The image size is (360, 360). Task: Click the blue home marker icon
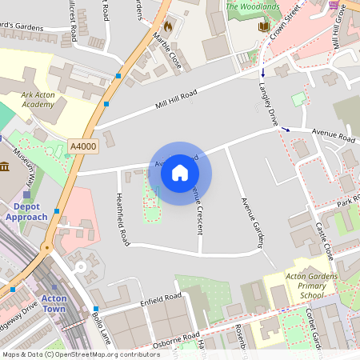click(x=180, y=173)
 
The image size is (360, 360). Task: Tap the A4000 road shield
click(x=82, y=146)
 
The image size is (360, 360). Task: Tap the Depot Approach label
click(x=26, y=211)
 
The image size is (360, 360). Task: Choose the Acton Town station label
click(x=54, y=303)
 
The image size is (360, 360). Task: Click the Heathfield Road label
click(x=122, y=218)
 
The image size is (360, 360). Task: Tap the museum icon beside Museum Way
click(x=5, y=166)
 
